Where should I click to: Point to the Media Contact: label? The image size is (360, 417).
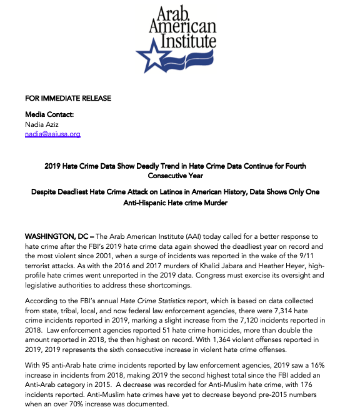click(49, 115)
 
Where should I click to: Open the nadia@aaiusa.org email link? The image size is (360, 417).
click(52, 134)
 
